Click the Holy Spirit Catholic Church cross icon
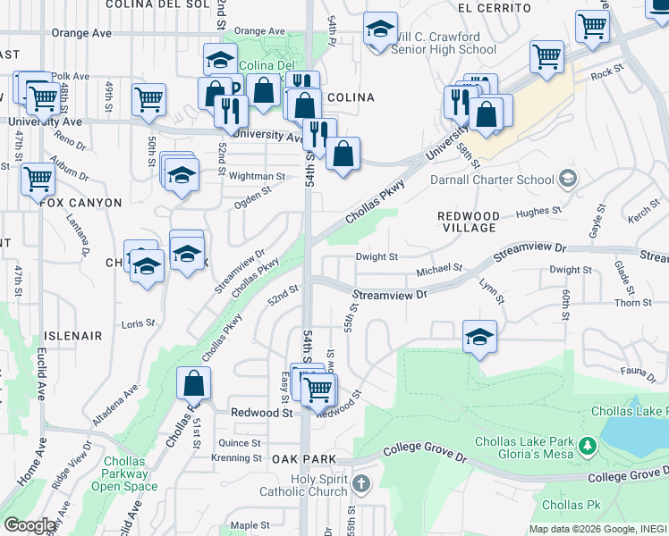360,484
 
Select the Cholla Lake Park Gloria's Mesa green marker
588,445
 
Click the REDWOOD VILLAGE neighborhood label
468,222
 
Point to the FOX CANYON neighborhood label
80,203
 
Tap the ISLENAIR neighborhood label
72,335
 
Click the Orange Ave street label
81,32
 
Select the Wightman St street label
256,177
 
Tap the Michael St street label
440,267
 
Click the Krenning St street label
236,458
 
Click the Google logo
30,524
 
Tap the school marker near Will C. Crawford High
380,30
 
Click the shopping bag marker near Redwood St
194,384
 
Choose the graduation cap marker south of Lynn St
480,338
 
